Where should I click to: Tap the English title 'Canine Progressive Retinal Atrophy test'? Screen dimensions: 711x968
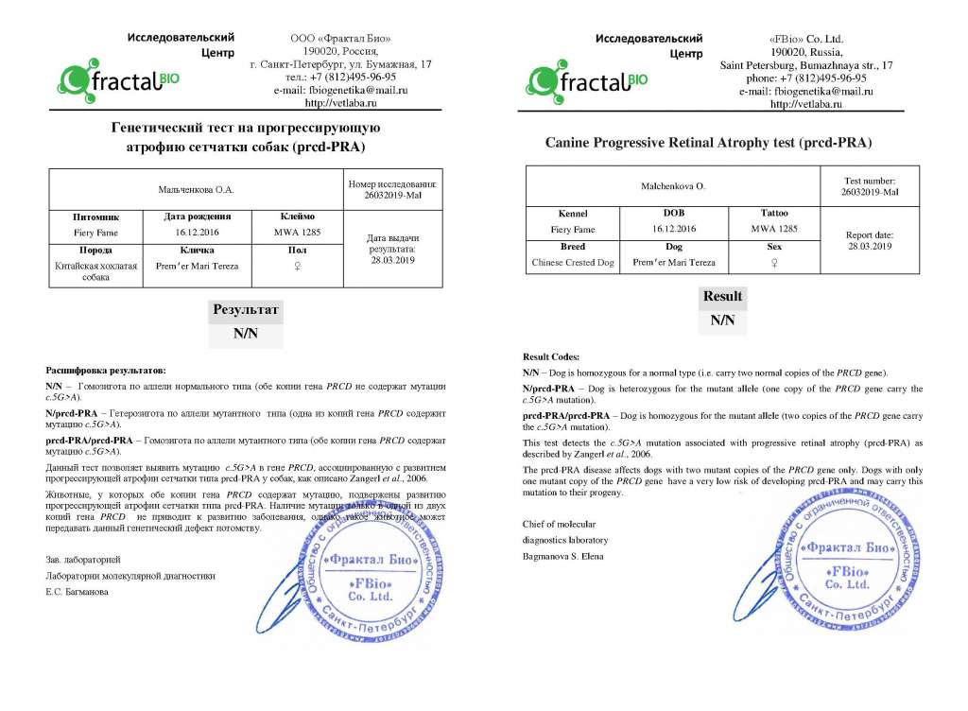click(708, 143)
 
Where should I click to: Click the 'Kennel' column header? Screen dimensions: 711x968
click(573, 214)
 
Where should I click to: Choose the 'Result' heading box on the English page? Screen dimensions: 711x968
click(722, 296)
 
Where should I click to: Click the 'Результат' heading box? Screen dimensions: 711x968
click(244, 309)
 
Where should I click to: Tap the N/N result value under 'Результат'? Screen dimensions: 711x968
click(244, 334)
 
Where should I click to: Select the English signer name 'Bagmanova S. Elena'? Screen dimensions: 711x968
click(563, 556)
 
